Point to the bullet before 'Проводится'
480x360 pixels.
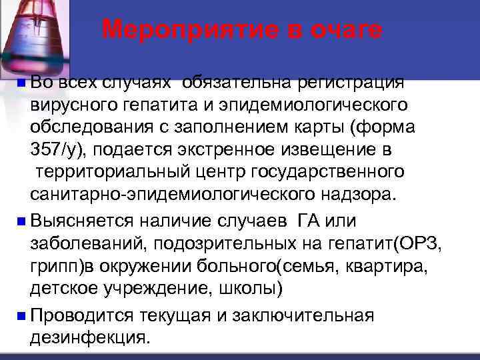(23, 315)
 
